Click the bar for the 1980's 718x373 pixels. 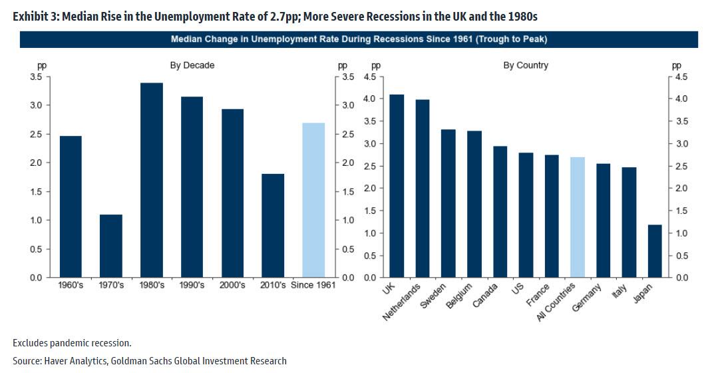pyautogui.click(x=151, y=180)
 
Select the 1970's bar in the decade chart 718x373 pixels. pyautogui.click(x=111, y=246)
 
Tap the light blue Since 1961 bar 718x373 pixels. pyautogui.click(x=313, y=200)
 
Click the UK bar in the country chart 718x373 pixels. pyautogui.click(x=396, y=186)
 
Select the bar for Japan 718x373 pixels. pyautogui.click(x=655, y=251)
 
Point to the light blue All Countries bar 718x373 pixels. pyautogui.click(x=577, y=217)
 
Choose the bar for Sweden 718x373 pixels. pyautogui.click(x=448, y=203)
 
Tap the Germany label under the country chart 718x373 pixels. pyautogui.click(x=588, y=297)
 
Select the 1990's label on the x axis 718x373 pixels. pyautogui.click(x=192, y=285)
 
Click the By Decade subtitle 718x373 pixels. pyautogui.click(x=192, y=65)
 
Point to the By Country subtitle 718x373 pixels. pyautogui.click(x=526, y=65)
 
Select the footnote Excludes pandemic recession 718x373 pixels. pyautogui.click(x=72, y=343)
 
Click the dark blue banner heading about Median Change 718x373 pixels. pyautogui.click(x=359, y=39)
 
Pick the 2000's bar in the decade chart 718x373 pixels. pyautogui.click(x=232, y=193)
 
